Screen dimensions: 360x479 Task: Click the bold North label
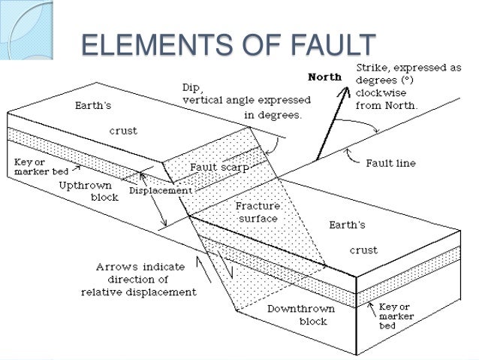(324, 76)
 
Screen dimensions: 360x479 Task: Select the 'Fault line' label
(390, 162)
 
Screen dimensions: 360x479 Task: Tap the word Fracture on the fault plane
(257, 204)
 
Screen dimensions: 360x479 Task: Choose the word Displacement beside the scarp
(159, 190)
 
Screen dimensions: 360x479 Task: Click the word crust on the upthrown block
(122, 131)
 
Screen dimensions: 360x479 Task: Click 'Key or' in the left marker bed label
(29, 163)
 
